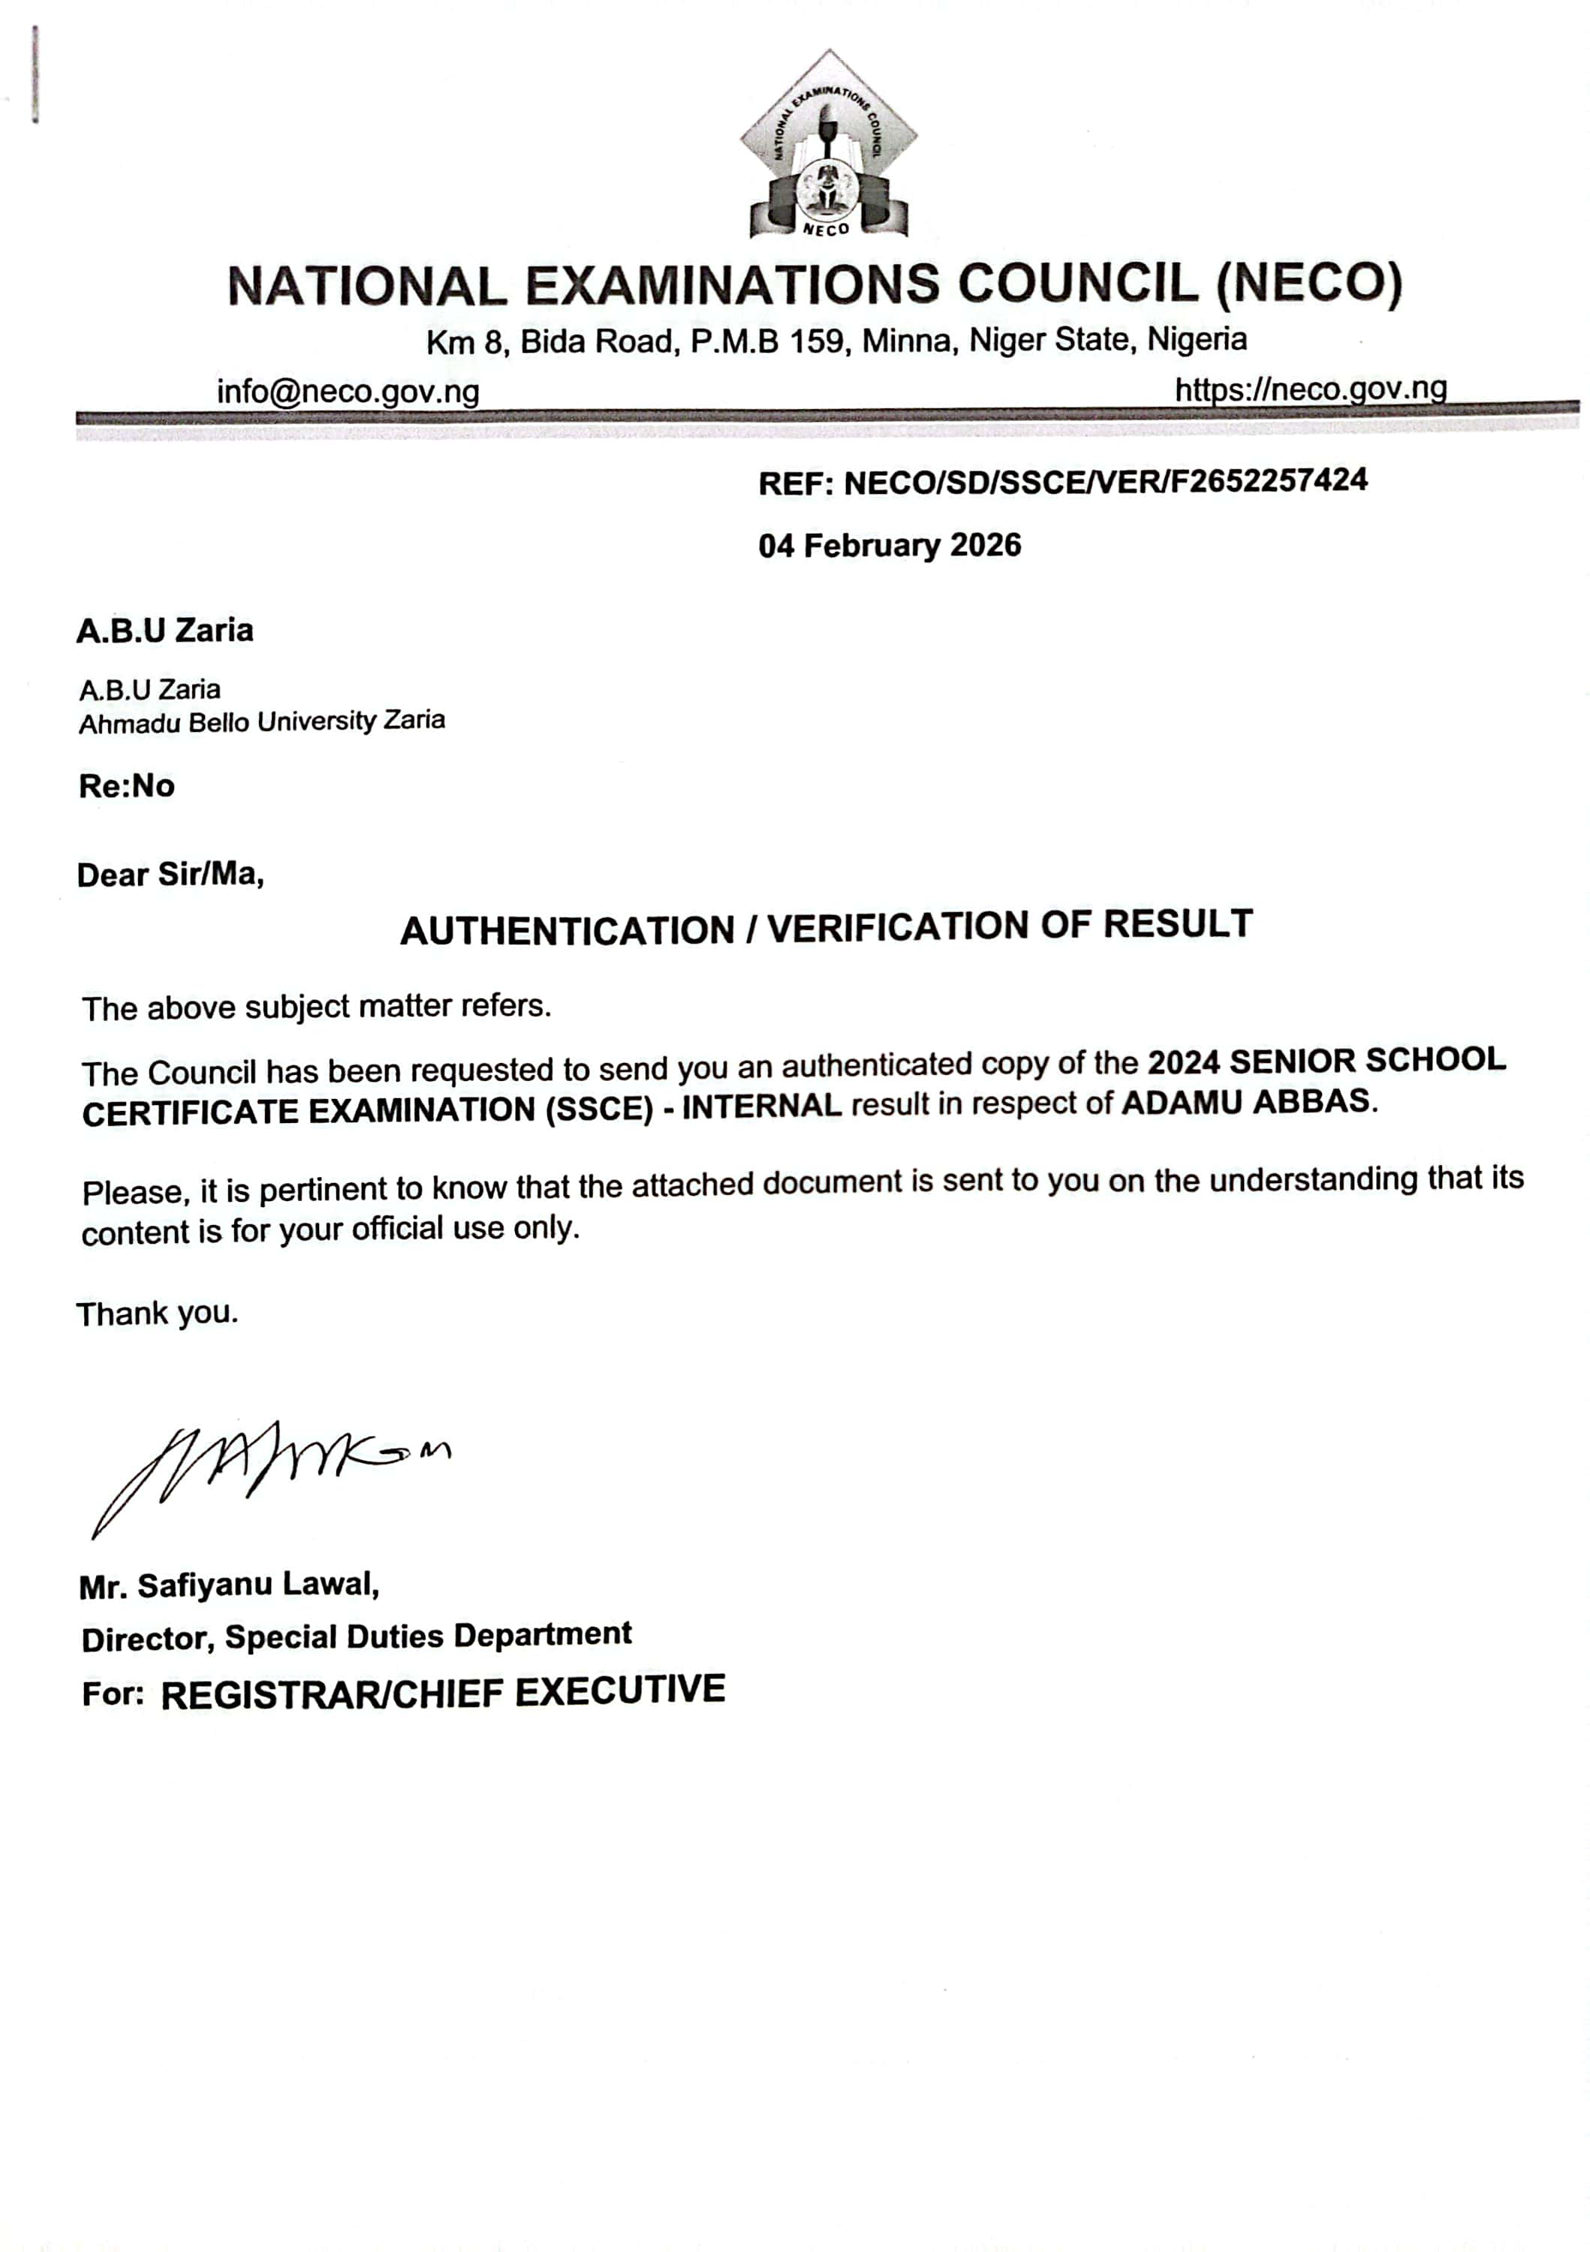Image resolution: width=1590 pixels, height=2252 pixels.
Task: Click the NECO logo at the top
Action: click(829, 144)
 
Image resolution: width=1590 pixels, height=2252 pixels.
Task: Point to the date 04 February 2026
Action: click(889, 545)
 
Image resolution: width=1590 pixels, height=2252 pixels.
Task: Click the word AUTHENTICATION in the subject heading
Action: click(567, 931)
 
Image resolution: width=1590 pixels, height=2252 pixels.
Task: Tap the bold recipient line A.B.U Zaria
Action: click(165, 631)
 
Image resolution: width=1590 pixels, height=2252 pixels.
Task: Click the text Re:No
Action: click(127, 787)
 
